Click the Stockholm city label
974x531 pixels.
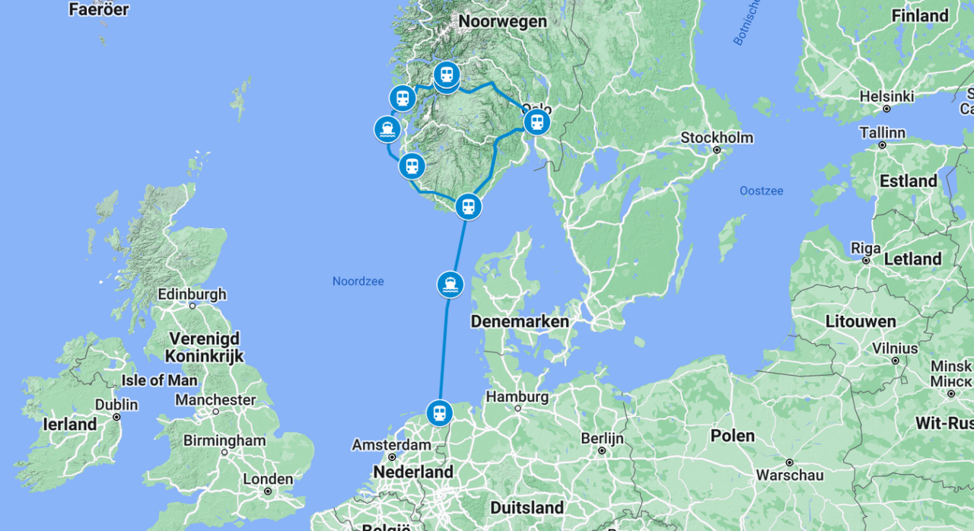point(717,138)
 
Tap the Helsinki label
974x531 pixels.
point(886,97)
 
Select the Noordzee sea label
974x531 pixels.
point(358,281)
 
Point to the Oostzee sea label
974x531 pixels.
point(761,191)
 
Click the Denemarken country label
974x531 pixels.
point(520,322)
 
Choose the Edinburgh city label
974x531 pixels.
point(192,294)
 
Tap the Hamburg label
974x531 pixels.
point(517,396)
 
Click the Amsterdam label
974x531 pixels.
point(391,445)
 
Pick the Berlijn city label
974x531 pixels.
point(602,438)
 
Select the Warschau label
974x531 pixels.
point(789,475)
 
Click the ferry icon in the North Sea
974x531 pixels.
point(450,285)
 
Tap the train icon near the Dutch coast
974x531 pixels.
point(439,413)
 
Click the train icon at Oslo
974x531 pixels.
point(537,122)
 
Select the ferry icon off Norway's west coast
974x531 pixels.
point(388,129)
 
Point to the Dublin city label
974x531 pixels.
point(116,405)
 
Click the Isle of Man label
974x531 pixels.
point(160,380)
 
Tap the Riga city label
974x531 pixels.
point(866,249)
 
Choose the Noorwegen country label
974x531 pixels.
point(503,21)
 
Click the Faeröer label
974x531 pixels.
point(98,10)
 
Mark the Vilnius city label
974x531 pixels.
point(895,348)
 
